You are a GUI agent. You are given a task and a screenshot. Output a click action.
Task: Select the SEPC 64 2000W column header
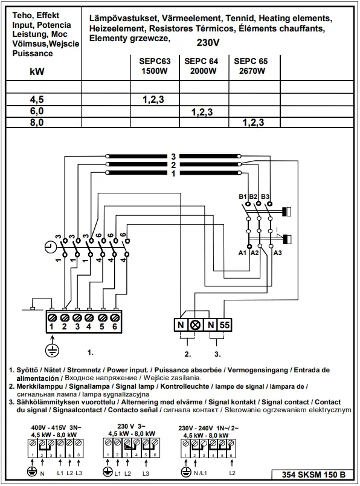tap(201, 66)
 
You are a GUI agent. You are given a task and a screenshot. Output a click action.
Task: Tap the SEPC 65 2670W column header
tap(251, 66)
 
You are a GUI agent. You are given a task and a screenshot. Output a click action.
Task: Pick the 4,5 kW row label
tap(37, 100)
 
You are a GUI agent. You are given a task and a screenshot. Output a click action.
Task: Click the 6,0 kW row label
tap(37, 111)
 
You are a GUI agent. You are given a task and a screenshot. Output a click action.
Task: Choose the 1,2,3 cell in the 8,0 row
tap(253, 122)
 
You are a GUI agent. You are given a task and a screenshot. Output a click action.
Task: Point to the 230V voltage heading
tap(208, 43)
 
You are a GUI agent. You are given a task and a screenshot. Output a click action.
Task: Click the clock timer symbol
tap(49, 246)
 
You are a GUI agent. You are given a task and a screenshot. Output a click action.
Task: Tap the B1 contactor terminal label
tap(243, 197)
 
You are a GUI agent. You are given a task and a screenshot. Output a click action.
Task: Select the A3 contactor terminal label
tap(277, 253)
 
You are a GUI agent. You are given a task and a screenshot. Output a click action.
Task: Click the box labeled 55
tap(223, 325)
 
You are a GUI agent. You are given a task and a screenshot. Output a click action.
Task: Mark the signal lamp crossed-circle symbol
tap(195, 325)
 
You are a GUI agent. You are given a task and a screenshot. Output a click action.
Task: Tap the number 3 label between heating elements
tap(173, 156)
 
